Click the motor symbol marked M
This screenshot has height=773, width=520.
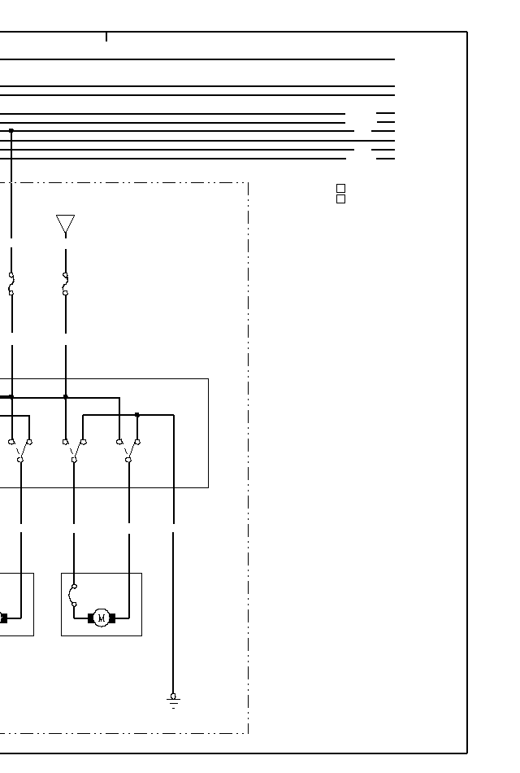point(102,618)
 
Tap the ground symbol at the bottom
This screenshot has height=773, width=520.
point(173,700)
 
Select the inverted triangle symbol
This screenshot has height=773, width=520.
point(65,225)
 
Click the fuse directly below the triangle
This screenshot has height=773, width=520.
point(65,284)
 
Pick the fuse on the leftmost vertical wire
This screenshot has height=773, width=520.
point(11,284)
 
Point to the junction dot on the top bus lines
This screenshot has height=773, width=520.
point(11,130)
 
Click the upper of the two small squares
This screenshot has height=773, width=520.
point(340,189)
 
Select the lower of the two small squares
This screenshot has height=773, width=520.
point(340,199)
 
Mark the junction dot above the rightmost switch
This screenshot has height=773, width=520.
point(136,415)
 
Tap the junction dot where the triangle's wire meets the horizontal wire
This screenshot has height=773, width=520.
point(65,397)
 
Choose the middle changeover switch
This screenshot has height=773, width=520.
point(74,451)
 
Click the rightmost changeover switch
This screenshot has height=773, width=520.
point(128,451)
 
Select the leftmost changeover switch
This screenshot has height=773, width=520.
point(20,451)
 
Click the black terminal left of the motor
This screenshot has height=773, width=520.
point(91,618)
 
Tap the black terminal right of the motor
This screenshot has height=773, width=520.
point(112,618)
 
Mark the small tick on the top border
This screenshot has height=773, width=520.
point(106,37)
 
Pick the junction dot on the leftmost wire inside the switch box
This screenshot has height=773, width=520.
point(11,397)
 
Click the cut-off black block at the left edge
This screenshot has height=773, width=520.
point(3,618)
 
